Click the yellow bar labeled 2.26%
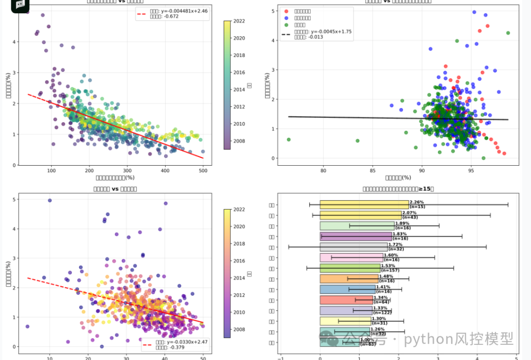[x=364, y=205]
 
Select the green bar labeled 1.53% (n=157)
[x=350, y=268]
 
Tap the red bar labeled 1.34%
[x=346, y=300]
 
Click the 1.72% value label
[x=395, y=244]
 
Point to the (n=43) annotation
[x=411, y=217]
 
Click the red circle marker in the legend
[x=286, y=10]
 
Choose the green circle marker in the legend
[x=286, y=25]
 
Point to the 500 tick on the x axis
[x=203, y=171]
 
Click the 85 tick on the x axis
[x=373, y=171]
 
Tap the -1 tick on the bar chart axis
[x=281, y=358]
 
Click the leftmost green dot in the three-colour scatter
[x=289, y=140]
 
